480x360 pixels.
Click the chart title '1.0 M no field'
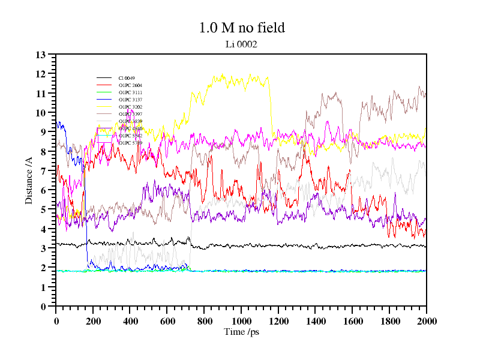(x=242, y=28)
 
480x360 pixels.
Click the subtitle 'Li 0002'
(x=242, y=44)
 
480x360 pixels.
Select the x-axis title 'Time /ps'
(x=241, y=332)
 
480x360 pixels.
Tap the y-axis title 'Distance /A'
(x=29, y=180)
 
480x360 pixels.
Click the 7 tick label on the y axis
(x=43, y=171)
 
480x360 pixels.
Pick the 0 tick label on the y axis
(x=43, y=307)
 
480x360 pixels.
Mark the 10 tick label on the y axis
(x=41, y=113)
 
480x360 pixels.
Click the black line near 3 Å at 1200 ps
(x=278, y=245)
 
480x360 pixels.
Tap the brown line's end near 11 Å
(x=424, y=94)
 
